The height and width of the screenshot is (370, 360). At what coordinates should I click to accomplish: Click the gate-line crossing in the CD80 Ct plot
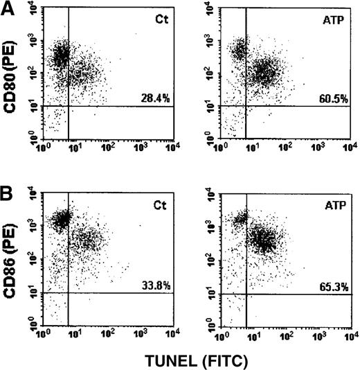coord(69,106)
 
